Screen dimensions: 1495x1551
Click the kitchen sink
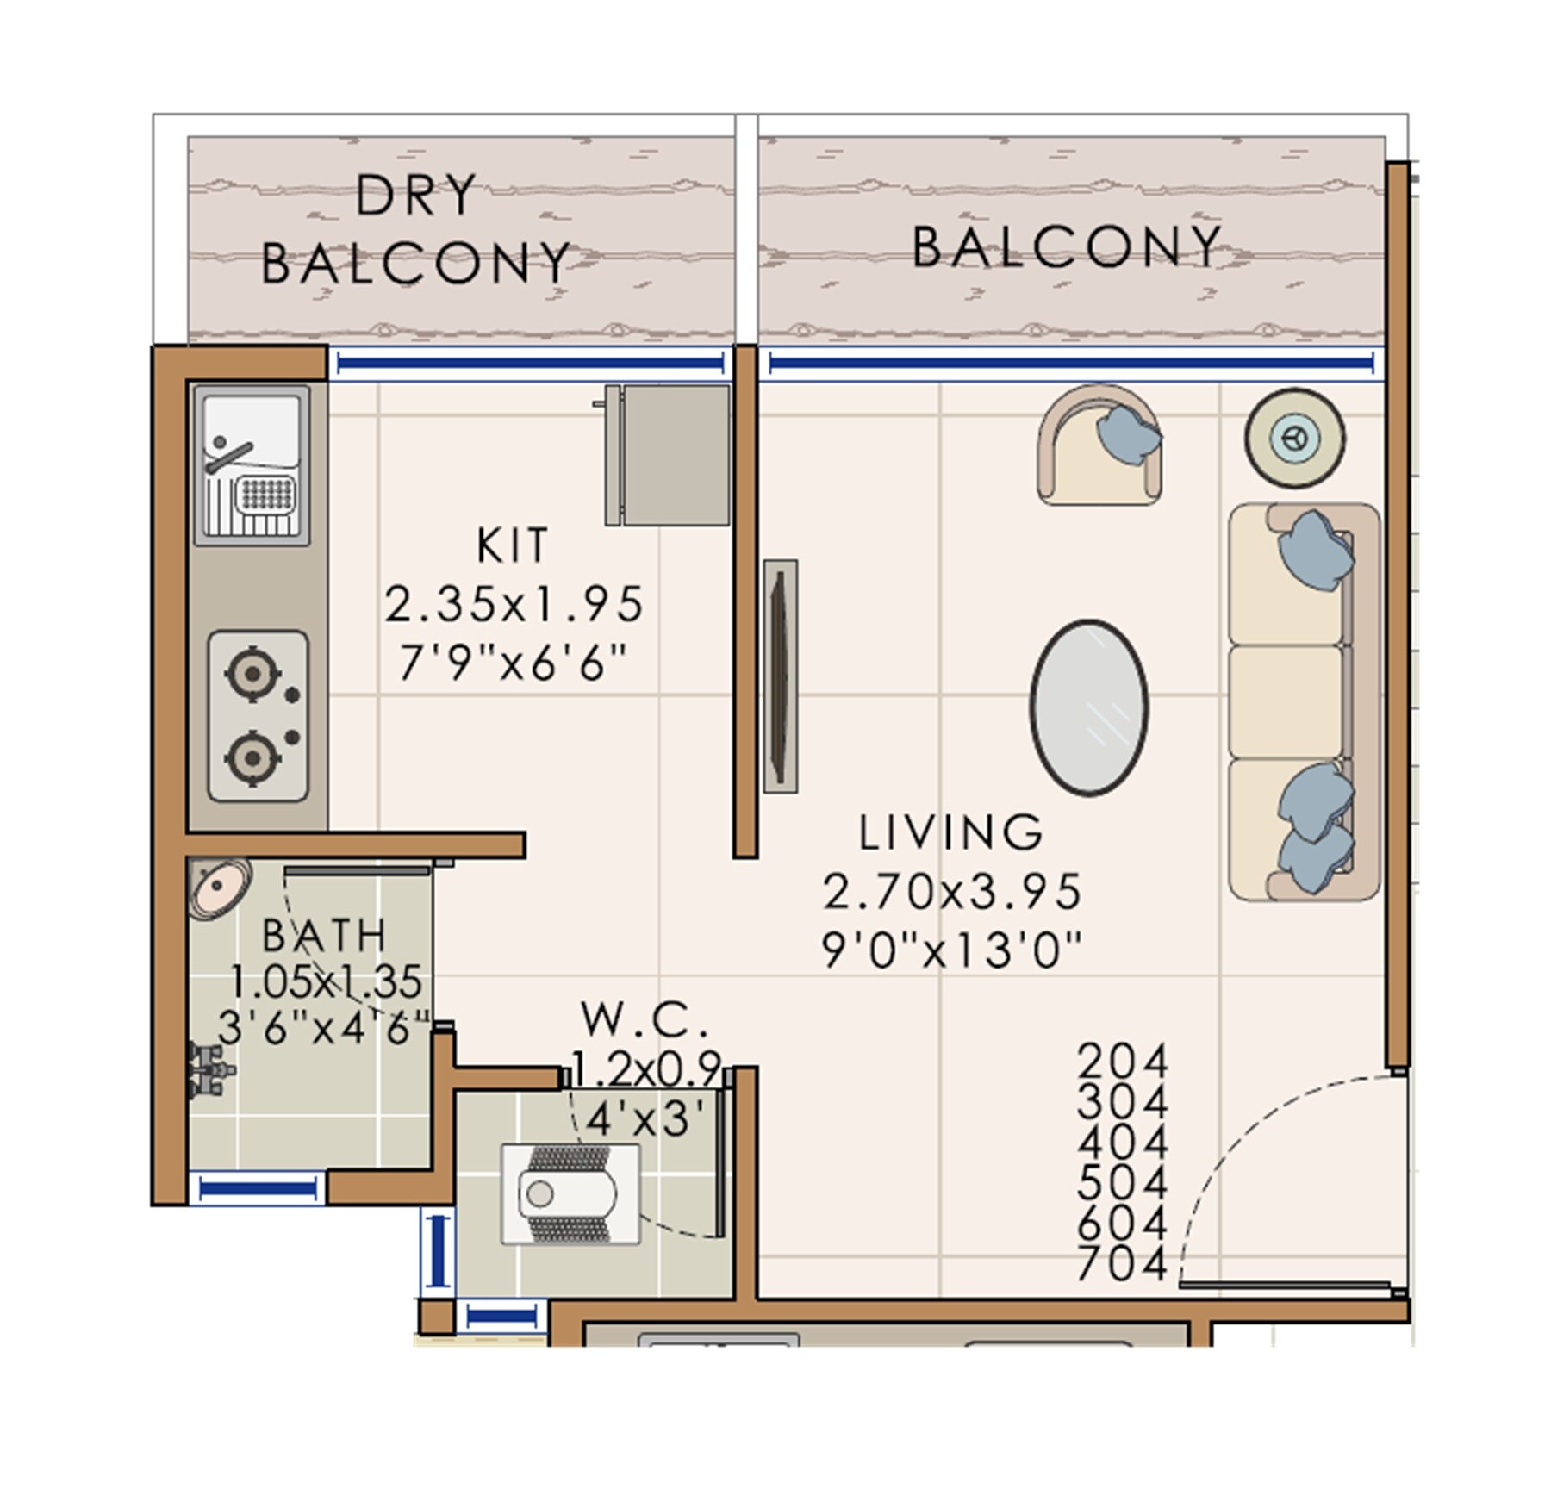click(252, 464)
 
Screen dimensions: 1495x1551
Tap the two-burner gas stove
click(258, 716)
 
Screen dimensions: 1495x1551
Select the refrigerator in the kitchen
click(668, 454)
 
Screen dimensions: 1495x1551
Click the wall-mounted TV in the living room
click(780, 676)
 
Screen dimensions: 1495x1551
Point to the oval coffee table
click(1088, 707)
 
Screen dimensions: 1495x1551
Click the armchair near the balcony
click(1099, 445)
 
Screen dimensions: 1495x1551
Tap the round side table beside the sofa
click(1294, 438)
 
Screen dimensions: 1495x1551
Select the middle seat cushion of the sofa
click(1286, 701)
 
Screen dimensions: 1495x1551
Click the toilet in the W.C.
click(569, 1194)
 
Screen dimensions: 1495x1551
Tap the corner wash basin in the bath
click(218, 887)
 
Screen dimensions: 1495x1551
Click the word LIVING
click(951, 832)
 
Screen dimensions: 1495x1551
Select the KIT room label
click(513, 545)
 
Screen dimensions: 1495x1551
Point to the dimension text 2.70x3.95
click(952, 892)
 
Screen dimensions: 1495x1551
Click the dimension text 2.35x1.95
click(514, 604)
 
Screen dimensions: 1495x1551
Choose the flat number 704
click(1123, 1264)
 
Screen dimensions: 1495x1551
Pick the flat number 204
click(1123, 1061)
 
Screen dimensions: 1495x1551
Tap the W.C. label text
click(645, 1020)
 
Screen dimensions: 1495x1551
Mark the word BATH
click(323, 936)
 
